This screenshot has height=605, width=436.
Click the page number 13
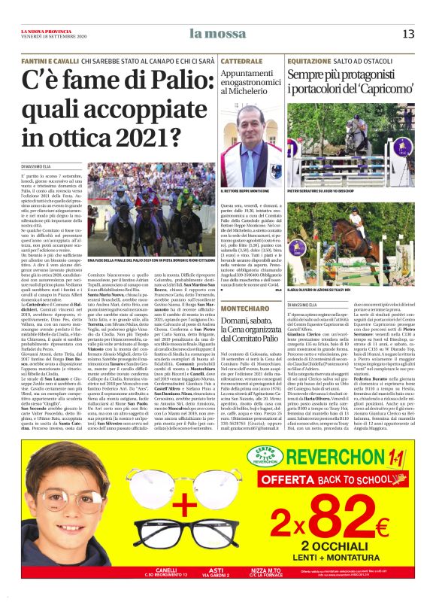point(409,33)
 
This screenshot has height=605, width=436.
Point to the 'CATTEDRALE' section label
point(242,59)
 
